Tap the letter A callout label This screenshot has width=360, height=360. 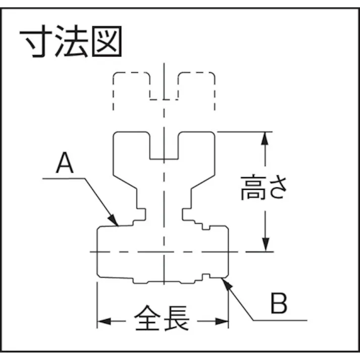pos(65,164)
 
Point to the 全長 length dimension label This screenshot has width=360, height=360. pos(162,319)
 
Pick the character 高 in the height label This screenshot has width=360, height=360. pos(252,187)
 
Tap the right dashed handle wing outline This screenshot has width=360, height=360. pos(196,86)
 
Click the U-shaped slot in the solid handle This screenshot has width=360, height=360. pos(164,146)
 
